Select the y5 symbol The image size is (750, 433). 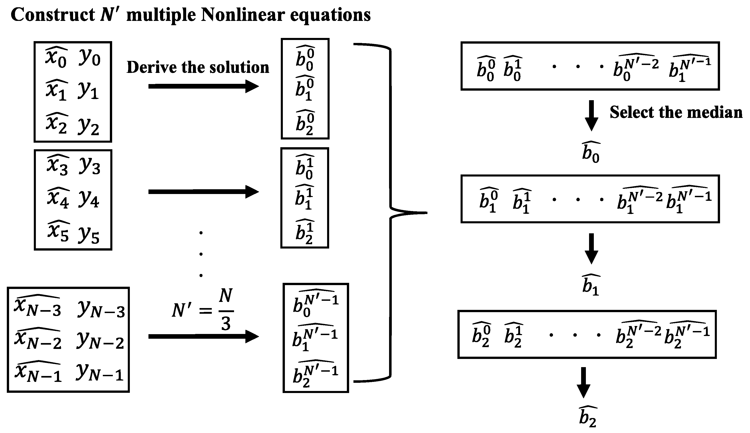click(89, 235)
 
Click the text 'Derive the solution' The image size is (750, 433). click(198, 67)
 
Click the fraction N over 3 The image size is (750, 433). click(226, 310)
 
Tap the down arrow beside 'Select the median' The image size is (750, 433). click(591, 115)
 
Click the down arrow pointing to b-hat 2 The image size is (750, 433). click(583, 382)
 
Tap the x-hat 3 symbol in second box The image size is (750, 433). click(58, 165)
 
